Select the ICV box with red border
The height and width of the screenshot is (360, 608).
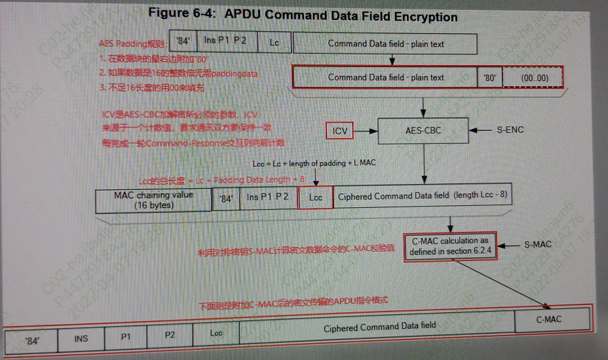pos(340,131)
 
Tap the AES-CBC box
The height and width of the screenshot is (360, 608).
pos(423,130)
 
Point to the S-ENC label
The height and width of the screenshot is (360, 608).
pos(510,130)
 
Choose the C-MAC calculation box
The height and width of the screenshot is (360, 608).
pos(450,246)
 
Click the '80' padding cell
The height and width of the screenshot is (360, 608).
pos(490,78)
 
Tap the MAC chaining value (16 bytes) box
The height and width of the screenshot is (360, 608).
pos(153,200)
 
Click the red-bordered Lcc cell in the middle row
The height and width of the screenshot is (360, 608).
pos(316,197)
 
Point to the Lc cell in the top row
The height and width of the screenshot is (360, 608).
pos(274,44)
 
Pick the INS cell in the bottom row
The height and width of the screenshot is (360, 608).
pos(81,339)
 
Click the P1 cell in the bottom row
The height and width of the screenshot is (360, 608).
pos(126,337)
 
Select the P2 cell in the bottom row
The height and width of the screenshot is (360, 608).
pos(170,335)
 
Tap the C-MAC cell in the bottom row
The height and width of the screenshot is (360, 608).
pos(549,319)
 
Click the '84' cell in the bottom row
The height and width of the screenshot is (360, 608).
pos(32,341)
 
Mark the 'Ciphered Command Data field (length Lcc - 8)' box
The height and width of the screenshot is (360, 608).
pos(423,197)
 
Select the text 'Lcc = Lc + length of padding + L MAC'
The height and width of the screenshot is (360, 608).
pos(315,163)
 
